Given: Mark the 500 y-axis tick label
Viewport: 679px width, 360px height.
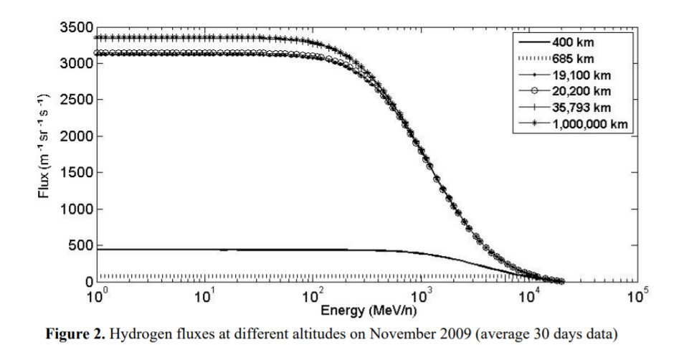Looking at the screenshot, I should pos(78,246).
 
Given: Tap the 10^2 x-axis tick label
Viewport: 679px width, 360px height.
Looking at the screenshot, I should pos(313,295).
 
